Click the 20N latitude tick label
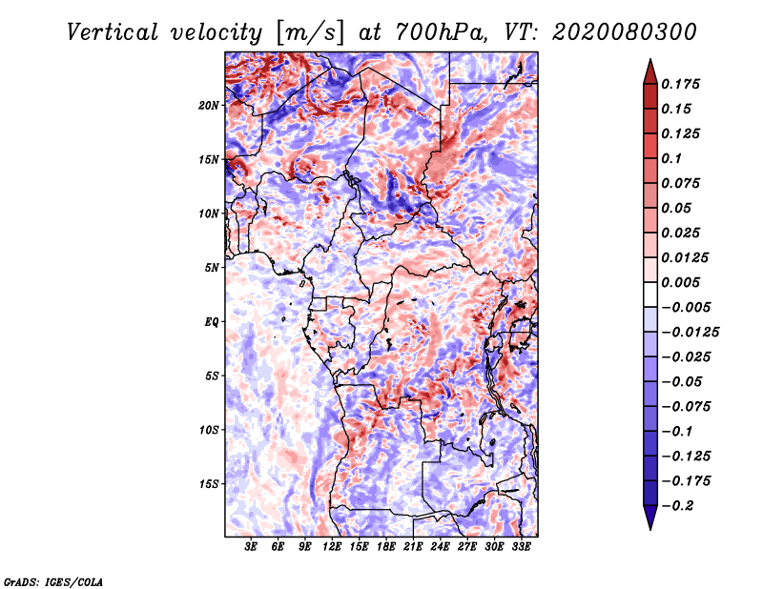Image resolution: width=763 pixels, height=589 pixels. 210,105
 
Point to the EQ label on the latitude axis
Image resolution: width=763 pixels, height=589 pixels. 212,321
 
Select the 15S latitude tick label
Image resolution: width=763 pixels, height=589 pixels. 210,483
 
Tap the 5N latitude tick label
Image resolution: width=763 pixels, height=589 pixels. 213,267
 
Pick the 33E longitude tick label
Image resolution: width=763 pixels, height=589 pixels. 521,547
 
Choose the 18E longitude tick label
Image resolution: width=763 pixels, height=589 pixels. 386,547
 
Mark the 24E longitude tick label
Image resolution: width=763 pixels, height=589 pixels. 440,547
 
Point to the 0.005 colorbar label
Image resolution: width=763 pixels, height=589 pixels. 683,282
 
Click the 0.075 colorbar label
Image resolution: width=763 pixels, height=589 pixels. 683,183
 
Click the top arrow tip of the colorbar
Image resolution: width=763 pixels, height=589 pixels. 650,61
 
